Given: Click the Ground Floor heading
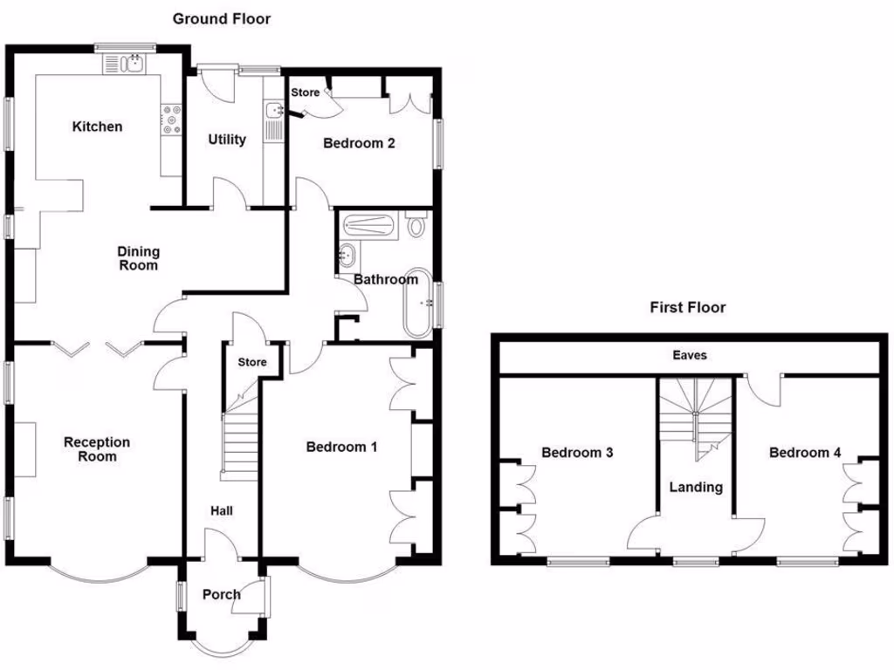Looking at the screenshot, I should [221, 18].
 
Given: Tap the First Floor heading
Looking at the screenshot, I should [687, 307].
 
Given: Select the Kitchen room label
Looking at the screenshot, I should [97, 126].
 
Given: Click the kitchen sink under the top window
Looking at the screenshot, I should [126, 63].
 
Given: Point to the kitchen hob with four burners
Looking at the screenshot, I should [171, 120].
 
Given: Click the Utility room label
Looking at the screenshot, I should [227, 140].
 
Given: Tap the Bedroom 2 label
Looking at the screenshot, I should [359, 143].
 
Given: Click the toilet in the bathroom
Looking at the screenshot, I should [416, 227].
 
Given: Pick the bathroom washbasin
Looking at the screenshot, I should [346, 256].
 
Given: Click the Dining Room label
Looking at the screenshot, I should [139, 258].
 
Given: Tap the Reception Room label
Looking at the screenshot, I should [96, 449].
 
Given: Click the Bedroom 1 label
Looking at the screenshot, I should [341, 448].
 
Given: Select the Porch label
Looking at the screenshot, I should [221, 595].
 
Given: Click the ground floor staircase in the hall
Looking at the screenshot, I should [239, 445].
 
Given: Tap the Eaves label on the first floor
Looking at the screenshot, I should [689, 356].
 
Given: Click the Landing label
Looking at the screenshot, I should [696, 487].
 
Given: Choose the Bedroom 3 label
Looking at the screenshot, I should [577, 453].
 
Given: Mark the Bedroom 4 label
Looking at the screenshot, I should [805, 453].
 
